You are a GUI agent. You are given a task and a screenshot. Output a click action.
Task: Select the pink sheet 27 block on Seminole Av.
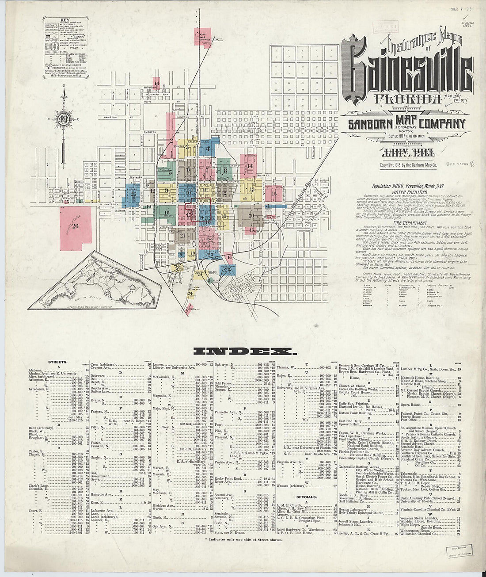(203, 38)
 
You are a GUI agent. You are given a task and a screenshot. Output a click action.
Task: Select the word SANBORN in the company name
(368, 124)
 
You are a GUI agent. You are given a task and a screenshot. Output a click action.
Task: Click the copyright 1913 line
(408, 165)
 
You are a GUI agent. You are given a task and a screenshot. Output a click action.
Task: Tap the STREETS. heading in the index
(58, 362)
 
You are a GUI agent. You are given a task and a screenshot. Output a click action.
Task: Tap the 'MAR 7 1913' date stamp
(461, 8)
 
